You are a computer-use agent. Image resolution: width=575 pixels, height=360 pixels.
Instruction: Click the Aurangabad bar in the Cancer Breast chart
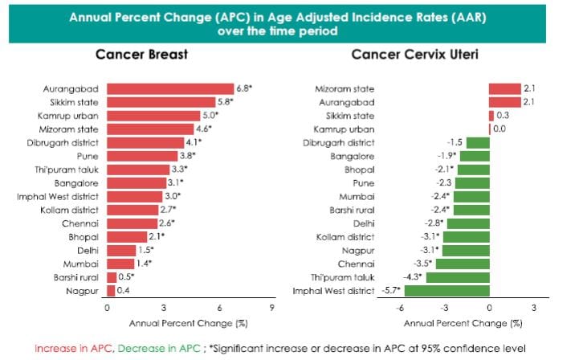point(169,88)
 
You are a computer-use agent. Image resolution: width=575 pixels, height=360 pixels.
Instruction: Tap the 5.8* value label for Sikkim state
point(227,102)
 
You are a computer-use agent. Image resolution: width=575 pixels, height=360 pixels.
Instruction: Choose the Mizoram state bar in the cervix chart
point(504,88)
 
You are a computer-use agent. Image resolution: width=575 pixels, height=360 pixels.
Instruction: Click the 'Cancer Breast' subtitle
point(142,55)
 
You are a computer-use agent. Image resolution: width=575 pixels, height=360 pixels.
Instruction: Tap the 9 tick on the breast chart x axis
point(272,308)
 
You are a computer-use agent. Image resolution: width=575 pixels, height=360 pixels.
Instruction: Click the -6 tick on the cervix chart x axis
point(398,308)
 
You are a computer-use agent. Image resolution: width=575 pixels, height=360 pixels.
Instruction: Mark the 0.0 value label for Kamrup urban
point(500,129)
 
